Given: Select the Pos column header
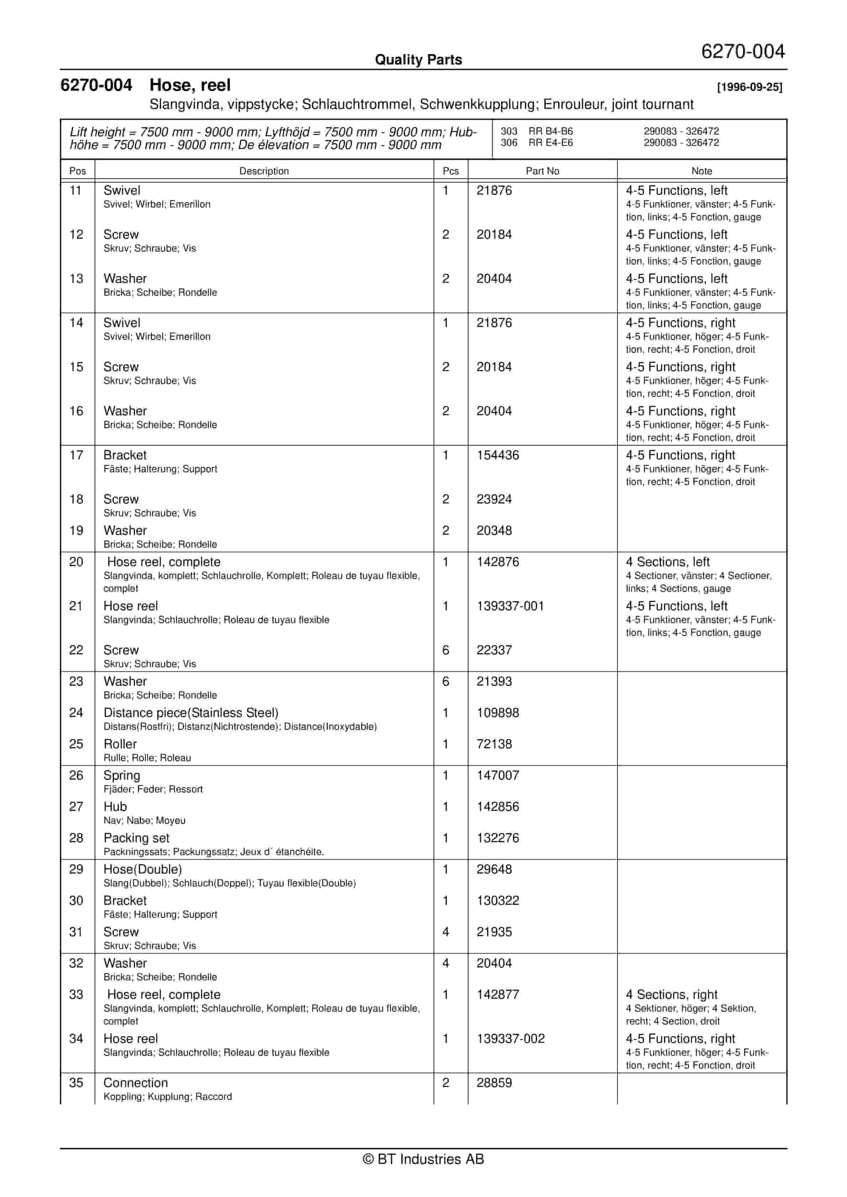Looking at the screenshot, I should pos(78,171).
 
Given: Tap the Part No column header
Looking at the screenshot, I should pos(542,171).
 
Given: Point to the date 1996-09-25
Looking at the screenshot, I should pos(749,88).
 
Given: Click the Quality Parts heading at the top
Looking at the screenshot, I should pos(418,60).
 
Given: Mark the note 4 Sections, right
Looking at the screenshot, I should pos(671,995).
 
